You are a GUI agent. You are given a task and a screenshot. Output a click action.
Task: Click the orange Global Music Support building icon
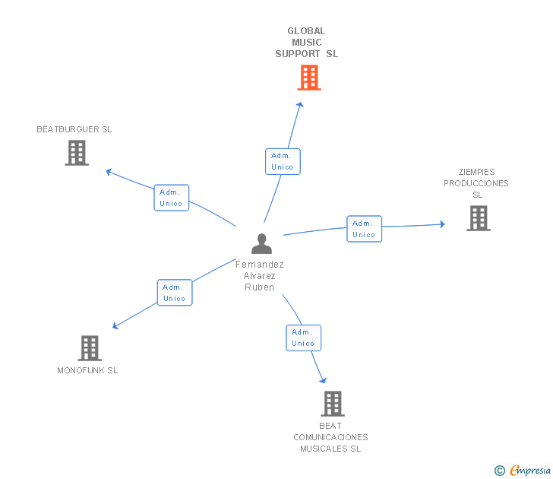[309, 78]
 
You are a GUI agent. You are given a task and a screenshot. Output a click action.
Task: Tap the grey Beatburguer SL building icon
[77, 153]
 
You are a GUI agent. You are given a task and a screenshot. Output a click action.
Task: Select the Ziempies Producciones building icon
[478, 218]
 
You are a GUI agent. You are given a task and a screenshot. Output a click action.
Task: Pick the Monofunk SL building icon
[90, 348]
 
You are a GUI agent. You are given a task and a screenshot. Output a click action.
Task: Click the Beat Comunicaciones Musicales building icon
[333, 404]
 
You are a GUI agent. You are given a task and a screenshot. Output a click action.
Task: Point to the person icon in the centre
[261, 244]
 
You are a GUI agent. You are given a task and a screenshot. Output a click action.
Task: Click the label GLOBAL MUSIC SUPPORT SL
[307, 43]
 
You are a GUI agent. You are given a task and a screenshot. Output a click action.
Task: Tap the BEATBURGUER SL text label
[74, 129]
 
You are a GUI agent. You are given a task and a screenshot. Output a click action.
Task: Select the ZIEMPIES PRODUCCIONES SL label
[476, 183]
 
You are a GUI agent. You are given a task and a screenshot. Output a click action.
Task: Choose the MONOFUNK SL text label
[87, 371]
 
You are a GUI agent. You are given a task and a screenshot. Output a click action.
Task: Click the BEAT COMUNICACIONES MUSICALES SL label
[331, 437]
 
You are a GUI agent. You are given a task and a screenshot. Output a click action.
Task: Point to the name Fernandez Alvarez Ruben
[260, 276]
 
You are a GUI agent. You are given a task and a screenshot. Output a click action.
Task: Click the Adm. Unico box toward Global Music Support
[283, 161]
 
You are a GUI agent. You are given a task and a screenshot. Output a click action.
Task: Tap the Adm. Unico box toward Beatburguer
[172, 198]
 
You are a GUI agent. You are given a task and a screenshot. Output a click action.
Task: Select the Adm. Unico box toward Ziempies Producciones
[364, 229]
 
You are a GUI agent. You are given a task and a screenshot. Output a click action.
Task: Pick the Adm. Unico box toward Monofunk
[175, 293]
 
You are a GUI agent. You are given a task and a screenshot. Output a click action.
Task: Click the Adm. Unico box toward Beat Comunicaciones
[303, 338]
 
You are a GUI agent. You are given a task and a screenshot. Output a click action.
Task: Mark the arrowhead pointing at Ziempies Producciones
[441, 224]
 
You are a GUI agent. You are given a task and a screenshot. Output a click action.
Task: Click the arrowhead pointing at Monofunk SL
[115, 326]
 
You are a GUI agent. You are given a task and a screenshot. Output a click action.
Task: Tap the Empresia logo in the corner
[523, 471]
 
